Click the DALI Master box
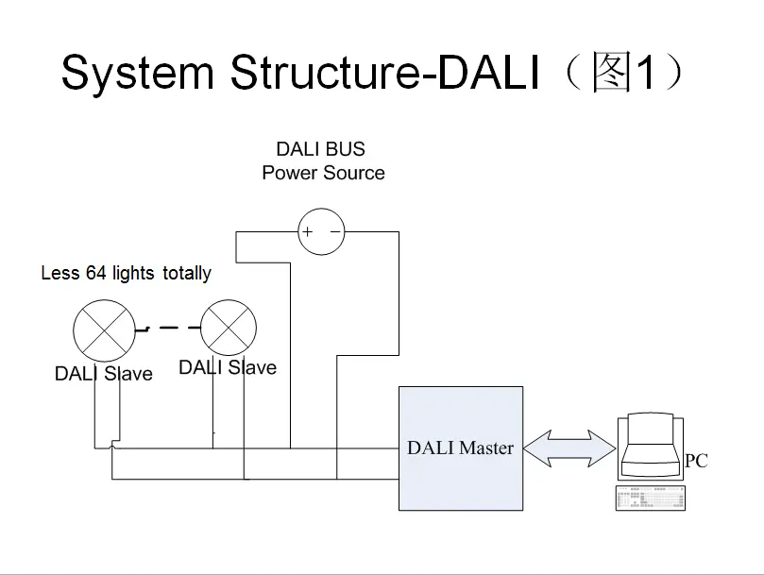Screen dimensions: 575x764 (460, 448)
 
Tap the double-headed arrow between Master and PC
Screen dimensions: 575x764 (569, 448)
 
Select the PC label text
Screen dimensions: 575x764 (696, 461)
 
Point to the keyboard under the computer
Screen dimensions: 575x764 (650, 498)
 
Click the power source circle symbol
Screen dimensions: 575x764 (321, 231)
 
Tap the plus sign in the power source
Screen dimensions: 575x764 (308, 231)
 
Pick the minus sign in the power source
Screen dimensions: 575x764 (334, 231)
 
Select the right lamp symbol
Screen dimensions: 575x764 (229, 328)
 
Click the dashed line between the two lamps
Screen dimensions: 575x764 (167, 329)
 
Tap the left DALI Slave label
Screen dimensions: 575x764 (103, 374)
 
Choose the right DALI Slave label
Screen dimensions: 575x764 (228, 367)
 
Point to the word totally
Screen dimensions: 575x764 (186, 273)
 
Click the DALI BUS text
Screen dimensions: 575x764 (320, 149)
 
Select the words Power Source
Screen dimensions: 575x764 (323, 173)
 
